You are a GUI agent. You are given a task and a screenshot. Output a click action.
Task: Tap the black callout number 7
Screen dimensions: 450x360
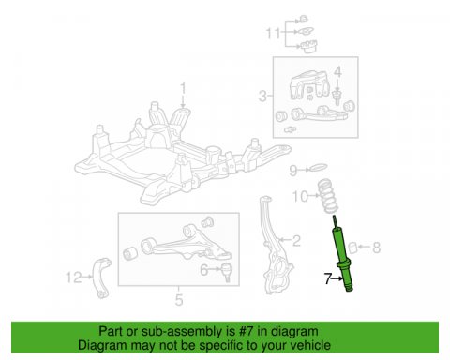pos(327,278)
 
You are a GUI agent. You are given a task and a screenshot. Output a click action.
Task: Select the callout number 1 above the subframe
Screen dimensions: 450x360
pos(183,88)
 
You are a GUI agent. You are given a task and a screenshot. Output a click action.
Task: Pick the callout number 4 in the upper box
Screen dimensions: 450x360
pos(203,269)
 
